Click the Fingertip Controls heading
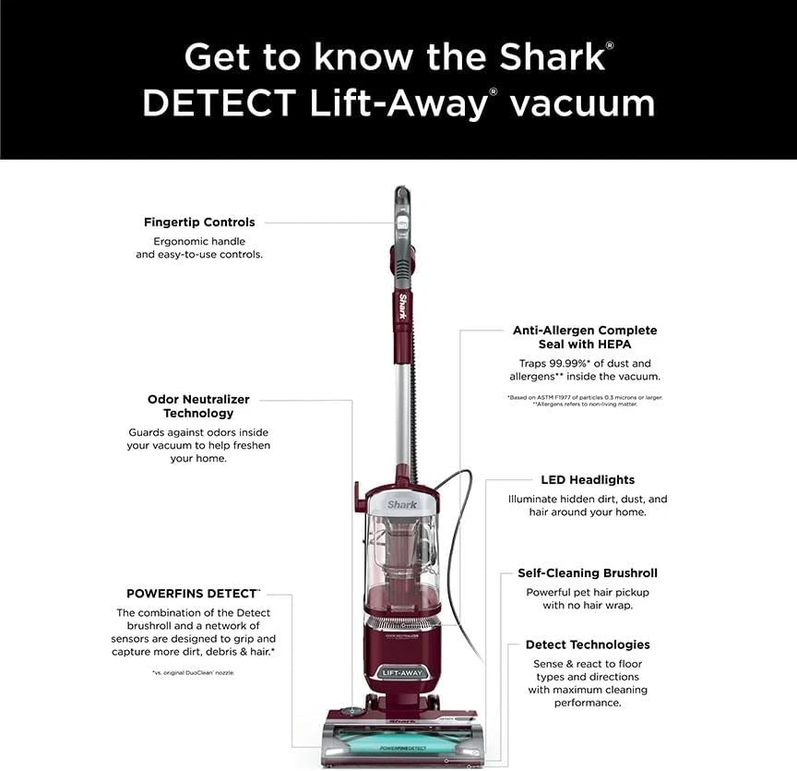(x=199, y=223)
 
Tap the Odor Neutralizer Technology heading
(x=198, y=406)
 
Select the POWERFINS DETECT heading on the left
(x=193, y=594)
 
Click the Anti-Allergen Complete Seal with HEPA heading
(x=585, y=337)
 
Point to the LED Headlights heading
(x=588, y=480)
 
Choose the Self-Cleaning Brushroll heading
(x=588, y=573)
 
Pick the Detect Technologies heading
(x=588, y=645)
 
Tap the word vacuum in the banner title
(x=582, y=102)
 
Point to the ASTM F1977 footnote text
(x=585, y=397)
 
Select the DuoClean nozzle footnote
(x=193, y=673)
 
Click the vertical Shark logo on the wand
(x=402, y=308)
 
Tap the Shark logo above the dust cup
(x=402, y=504)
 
